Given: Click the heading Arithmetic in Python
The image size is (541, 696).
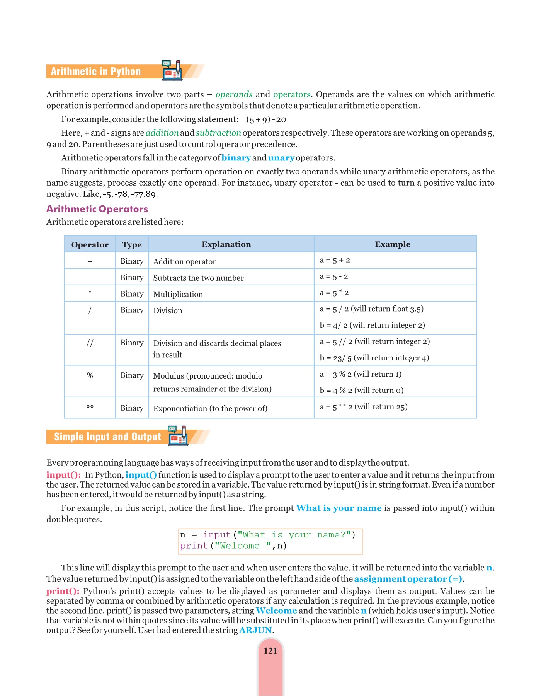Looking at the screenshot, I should pos(96,72).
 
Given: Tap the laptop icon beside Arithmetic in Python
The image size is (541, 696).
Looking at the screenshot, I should pos(172,71).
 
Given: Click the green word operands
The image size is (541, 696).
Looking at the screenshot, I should pos(234,94).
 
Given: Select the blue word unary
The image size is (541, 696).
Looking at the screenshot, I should pos(281,158).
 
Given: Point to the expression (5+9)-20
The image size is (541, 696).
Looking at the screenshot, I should pos(266,119).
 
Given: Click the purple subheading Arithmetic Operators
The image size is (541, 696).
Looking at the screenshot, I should pos(97,209).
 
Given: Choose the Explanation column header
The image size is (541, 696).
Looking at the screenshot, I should pos(226,244).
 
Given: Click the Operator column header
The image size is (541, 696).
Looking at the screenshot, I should pos(90,245).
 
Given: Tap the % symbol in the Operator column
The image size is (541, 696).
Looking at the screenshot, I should pos(90,375).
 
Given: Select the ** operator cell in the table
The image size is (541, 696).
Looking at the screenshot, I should pos(90,407).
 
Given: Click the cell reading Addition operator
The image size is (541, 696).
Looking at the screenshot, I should pos(184,262).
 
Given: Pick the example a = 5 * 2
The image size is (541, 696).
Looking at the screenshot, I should pos(334,293).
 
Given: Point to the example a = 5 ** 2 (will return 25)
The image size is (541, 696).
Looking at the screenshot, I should pos(363,407).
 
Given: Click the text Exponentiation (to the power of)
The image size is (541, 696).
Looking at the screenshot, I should pos(210,409).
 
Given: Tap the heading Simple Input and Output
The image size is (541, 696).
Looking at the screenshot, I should pos(107,437).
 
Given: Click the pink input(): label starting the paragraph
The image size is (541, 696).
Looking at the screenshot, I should pos(63,475).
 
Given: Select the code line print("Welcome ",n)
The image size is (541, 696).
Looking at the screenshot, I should pos(233,546).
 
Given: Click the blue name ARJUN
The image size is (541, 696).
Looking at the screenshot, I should pos(255,630).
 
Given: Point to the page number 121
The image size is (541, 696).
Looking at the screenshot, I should pos(270,651).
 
